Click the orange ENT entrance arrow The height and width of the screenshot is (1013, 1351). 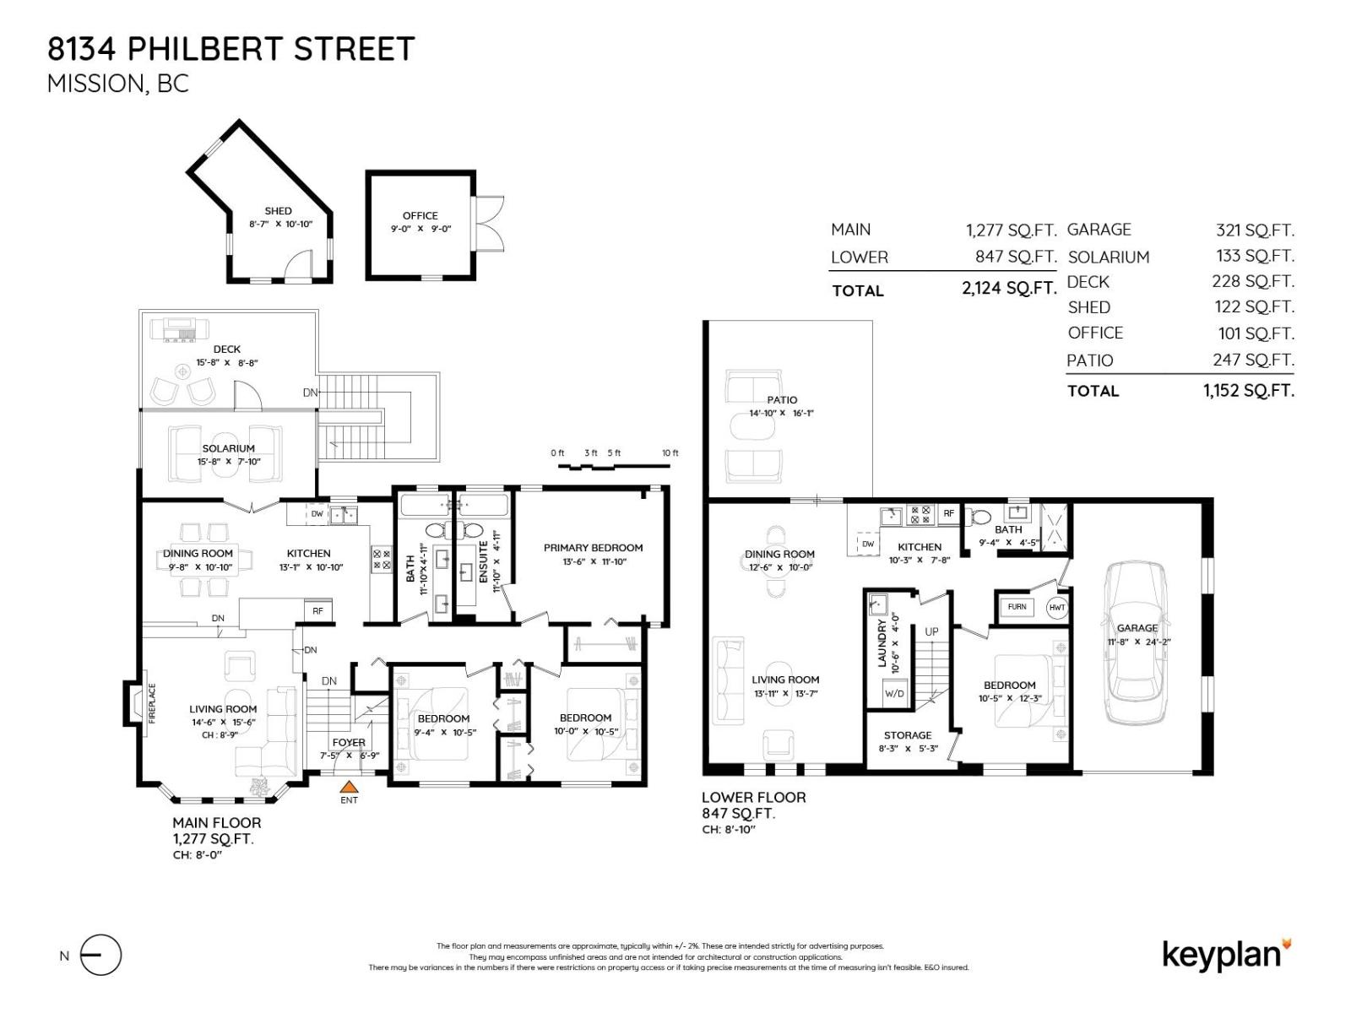[348, 786]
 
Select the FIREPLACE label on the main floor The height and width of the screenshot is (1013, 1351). [153, 702]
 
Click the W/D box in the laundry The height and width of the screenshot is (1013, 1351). [894, 693]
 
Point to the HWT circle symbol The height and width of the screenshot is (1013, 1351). [1057, 607]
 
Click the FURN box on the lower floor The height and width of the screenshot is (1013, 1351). [1017, 607]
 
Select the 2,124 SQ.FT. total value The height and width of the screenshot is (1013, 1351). [1009, 289]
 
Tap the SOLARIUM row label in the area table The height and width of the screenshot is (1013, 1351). [1108, 257]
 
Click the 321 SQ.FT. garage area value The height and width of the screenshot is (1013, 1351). [1254, 230]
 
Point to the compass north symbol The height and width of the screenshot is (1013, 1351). [100, 956]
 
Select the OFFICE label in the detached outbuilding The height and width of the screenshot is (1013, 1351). [420, 215]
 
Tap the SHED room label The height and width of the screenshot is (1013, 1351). [278, 211]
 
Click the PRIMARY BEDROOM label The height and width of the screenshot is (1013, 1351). [593, 548]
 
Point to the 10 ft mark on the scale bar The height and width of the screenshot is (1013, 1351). [670, 453]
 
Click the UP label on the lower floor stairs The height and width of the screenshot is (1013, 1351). [931, 631]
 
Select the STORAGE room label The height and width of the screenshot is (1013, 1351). [908, 735]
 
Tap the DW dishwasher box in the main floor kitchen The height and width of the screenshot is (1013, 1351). [317, 513]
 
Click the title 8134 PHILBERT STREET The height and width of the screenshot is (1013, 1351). [231, 49]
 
